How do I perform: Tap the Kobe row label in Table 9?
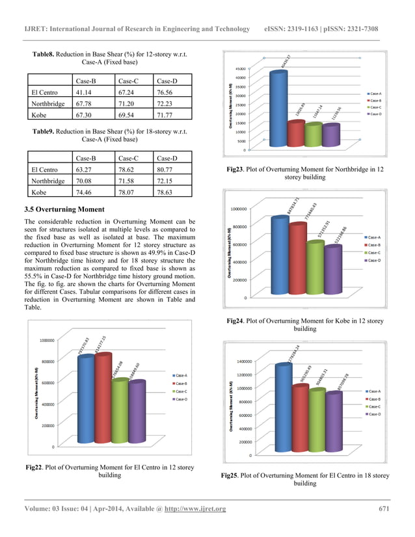[x=40, y=192]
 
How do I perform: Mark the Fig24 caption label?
[x=235, y=321]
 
